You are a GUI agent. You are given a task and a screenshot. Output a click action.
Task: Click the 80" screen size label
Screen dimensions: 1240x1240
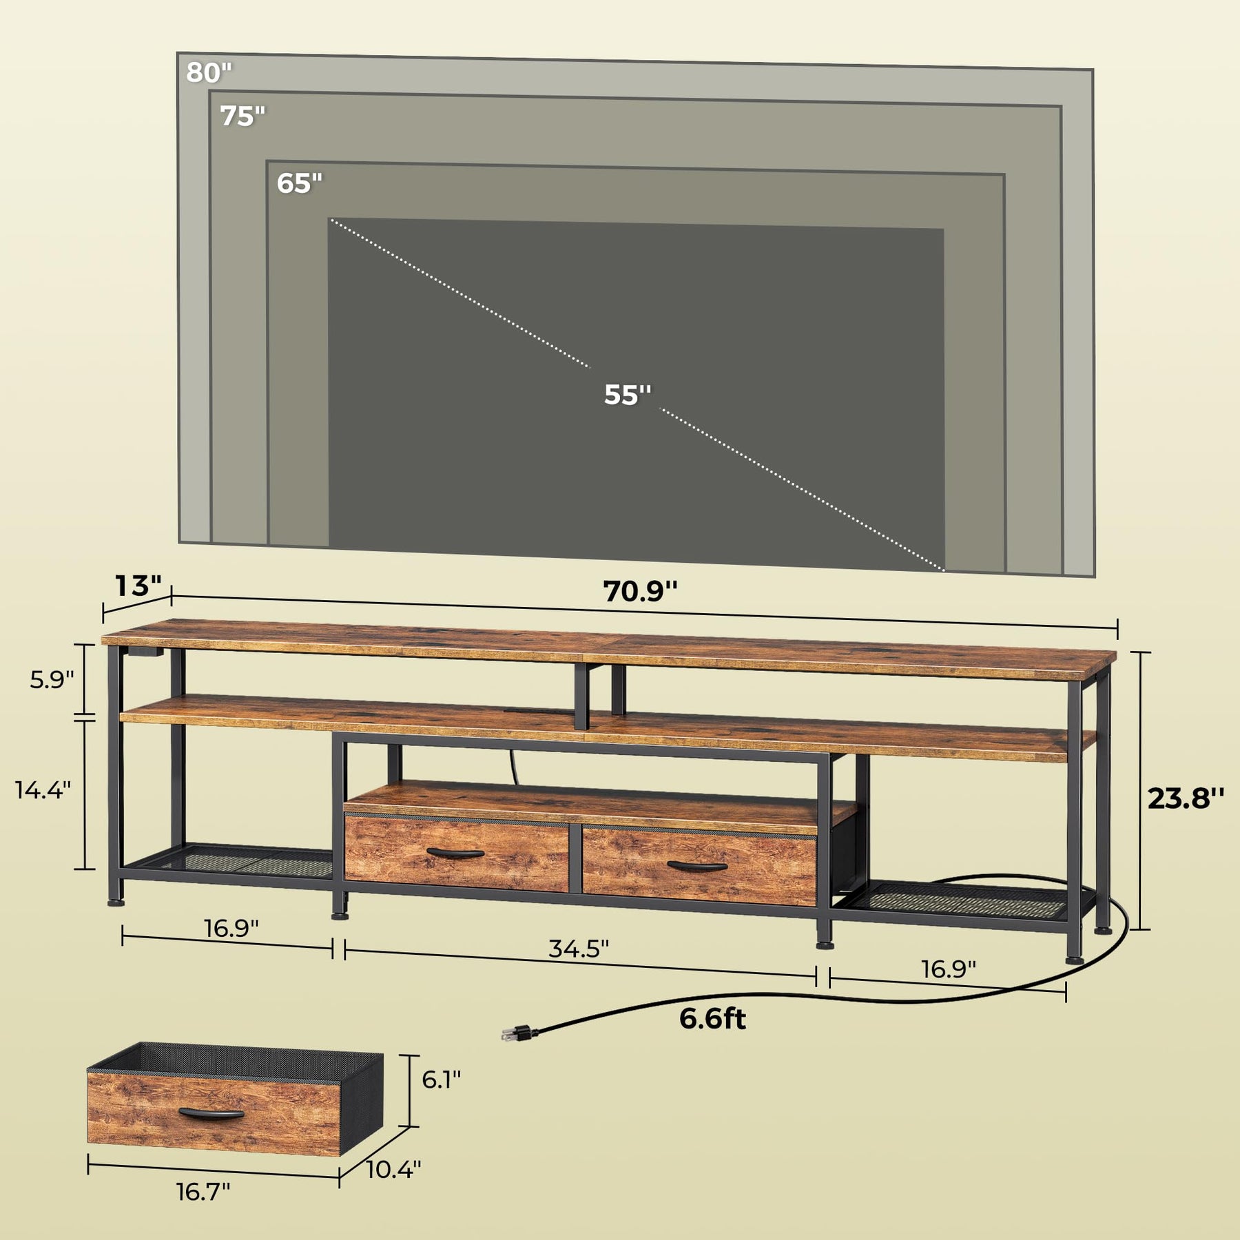click(x=209, y=72)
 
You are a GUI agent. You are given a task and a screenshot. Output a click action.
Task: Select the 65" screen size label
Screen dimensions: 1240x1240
click(x=300, y=183)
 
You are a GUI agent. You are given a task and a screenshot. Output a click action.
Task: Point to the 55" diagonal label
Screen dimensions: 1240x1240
click(x=628, y=394)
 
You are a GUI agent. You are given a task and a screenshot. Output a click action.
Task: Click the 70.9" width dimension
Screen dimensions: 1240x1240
click(x=641, y=591)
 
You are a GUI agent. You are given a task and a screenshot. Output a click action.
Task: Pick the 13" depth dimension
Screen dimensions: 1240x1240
click(x=138, y=586)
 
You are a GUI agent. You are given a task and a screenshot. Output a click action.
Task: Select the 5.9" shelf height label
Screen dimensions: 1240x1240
click(x=52, y=679)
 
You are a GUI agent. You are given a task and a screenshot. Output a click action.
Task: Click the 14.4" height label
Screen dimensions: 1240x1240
click(x=43, y=789)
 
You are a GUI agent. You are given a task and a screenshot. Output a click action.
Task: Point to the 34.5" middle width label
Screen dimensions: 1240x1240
click(x=579, y=948)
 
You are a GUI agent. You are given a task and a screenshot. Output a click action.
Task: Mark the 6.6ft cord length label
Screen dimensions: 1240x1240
click(x=712, y=1018)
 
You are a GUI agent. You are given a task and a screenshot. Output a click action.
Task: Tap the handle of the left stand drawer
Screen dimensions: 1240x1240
click(x=455, y=854)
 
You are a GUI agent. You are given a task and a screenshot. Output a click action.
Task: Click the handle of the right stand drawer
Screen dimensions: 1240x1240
click(x=697, y=866)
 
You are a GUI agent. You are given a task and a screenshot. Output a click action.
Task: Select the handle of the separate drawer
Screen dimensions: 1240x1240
click(x=211, y=1114)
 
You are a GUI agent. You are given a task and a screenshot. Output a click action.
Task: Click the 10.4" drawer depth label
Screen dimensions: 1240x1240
click(x=393, y=1169)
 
